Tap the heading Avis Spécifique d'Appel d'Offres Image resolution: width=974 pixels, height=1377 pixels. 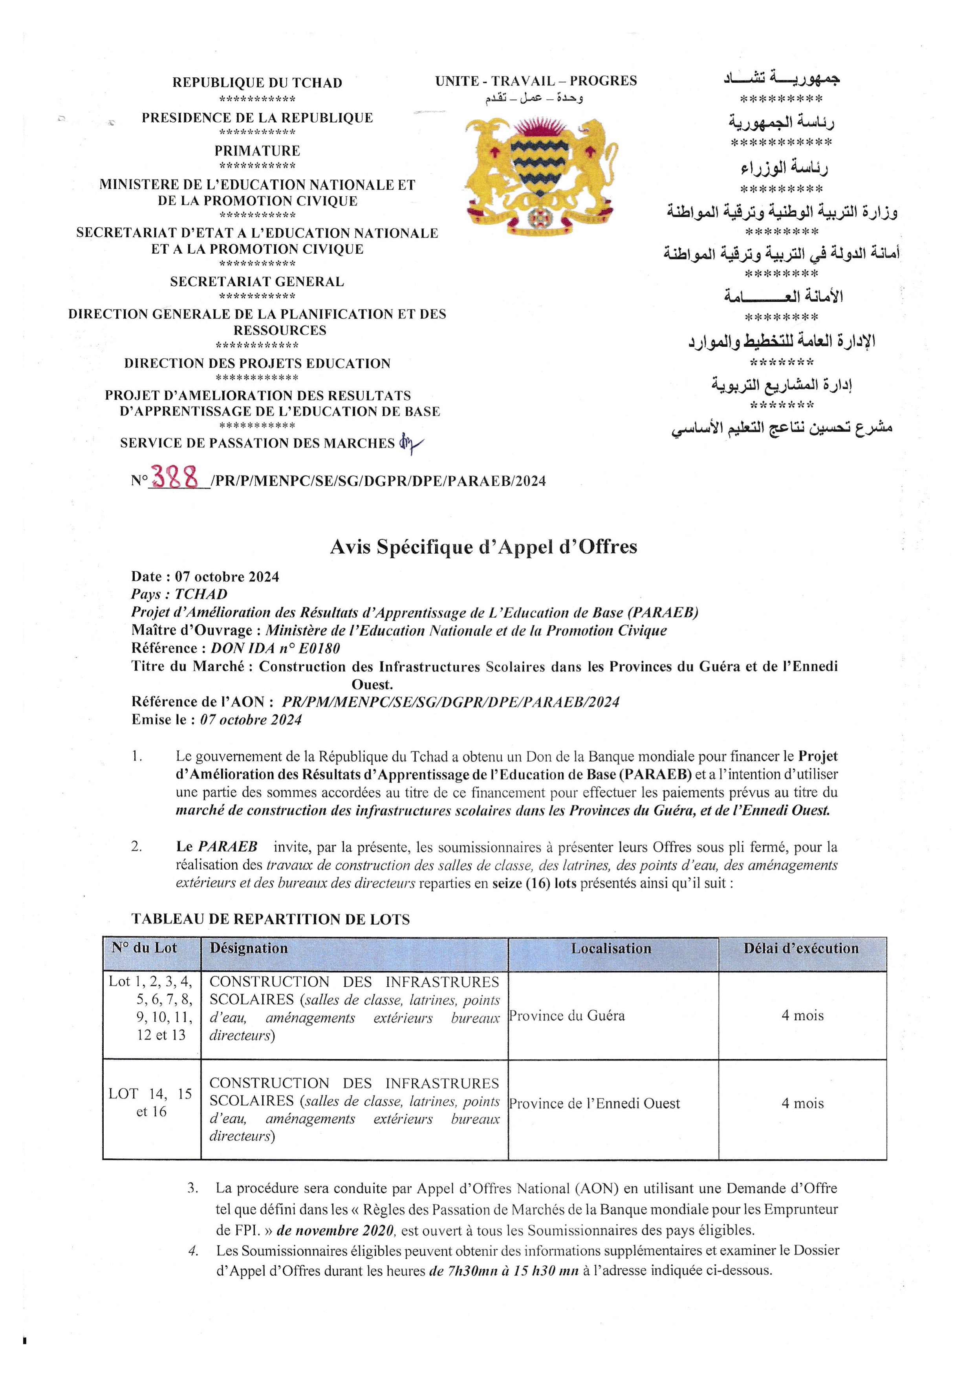click(x=483, y=547)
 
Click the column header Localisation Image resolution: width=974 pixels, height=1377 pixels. click(x=611, y=948)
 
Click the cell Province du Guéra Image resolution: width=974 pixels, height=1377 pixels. click(x=568, y=1015)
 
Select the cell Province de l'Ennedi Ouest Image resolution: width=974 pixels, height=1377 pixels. click(x=594, y=1103)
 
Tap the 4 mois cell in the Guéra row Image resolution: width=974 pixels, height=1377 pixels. click(x=802, y=1015)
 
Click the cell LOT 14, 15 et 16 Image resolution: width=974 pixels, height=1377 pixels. click(x=150, y=1102)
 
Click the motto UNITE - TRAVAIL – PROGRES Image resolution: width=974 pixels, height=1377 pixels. click(x=536, y=81)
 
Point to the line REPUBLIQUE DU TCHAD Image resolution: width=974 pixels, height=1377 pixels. click(x=257, y=83)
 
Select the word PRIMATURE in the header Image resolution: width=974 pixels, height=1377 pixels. click(x=257, y=151)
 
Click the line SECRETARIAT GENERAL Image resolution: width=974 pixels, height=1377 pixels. click(x=257, y=282)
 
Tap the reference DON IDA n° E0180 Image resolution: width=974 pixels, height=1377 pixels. click(x=275, y=648)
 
